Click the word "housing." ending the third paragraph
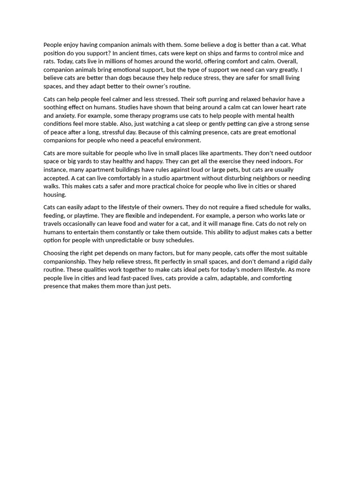55,195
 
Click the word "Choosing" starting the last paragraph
57,253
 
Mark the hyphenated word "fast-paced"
147,278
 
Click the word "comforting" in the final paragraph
277,278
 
